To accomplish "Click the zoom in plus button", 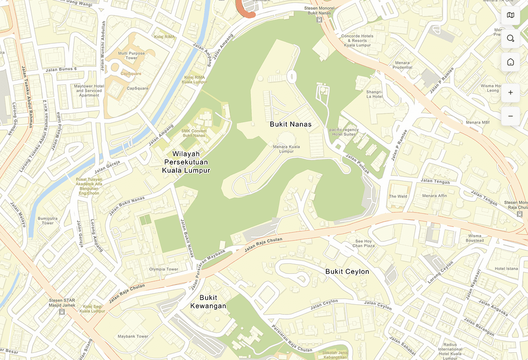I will [x=510, y=92].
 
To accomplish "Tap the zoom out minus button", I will [x=510, y=116].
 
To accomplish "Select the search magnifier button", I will [x=510, y=38].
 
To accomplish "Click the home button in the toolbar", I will [x=510, y=62].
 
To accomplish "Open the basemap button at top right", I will [x=510, y=15].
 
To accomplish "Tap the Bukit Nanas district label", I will [x=291, y=124].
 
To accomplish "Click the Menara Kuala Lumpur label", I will [x=286, y=149].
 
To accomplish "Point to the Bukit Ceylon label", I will [x=347, y=271].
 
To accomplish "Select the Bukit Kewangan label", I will [x=208, y=301].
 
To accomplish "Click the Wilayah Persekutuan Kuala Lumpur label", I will [x=186, y=162].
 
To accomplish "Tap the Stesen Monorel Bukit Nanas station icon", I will [x=320, y=20].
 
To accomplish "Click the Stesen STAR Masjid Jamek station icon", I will [x=62, y=312].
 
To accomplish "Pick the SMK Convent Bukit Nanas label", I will [x=194, y=133].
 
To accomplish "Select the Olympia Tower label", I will [x=164, y=269].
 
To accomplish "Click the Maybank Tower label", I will [x=133, y=336].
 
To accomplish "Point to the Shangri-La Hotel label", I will [x=374, y=94].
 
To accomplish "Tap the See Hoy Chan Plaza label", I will [x=364, y=243].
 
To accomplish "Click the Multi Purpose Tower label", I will [x=132, y=56].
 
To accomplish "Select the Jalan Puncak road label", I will [x=357, y=165].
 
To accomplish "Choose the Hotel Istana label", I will [x=506, y=269].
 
